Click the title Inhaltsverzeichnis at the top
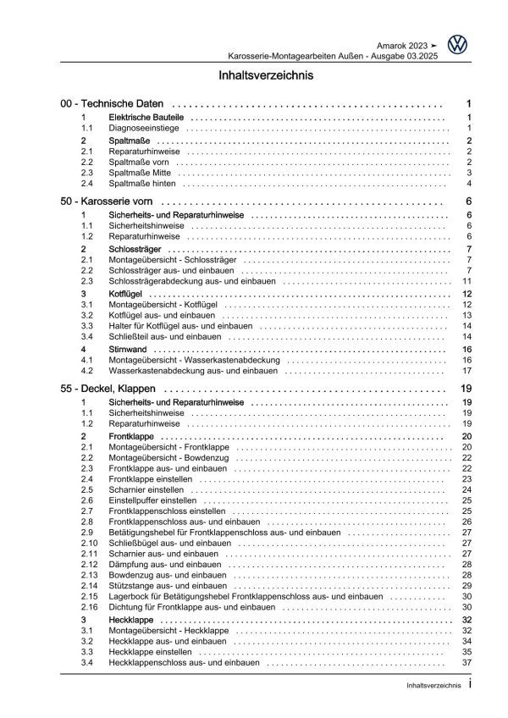click(253, 75)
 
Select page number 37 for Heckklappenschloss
click(465, 662)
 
